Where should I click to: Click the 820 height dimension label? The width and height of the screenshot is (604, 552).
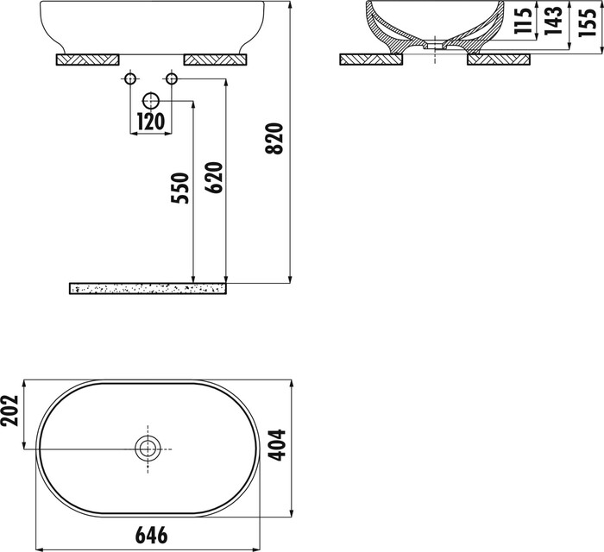(274, 139)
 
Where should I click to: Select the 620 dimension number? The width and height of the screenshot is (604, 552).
(214, 178)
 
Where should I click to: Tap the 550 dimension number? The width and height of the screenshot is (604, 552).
(180, 188)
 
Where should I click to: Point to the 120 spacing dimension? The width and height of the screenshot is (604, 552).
(151, 122)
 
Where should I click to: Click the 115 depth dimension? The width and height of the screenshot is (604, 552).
(523, 21)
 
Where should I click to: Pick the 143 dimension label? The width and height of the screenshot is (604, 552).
(553, 21)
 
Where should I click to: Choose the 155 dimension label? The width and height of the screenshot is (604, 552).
(588, 22)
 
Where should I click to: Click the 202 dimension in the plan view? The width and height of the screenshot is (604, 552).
(9, 411)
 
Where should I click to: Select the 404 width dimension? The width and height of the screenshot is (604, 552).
(277, 445)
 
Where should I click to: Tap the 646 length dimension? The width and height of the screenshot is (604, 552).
(151, 536)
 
